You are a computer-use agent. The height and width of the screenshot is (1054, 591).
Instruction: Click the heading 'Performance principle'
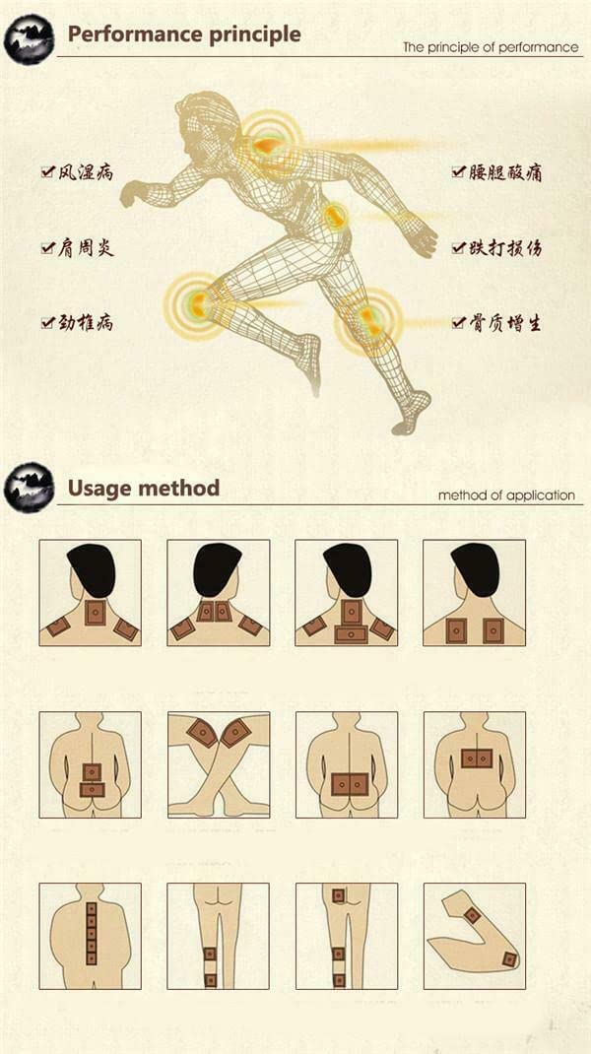pos(184,34)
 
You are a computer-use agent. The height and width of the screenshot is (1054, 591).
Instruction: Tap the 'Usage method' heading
pos(144,488)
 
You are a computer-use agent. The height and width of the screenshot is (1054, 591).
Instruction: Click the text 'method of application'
pos(506,496)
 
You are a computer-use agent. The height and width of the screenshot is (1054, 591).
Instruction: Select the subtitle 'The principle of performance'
pos(491,47)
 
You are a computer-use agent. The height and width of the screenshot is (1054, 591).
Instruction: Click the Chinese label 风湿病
pos(86,172)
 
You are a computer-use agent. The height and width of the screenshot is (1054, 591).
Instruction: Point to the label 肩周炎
pos(86,248)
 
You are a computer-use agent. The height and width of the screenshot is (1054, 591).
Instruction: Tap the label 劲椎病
pos(86,323)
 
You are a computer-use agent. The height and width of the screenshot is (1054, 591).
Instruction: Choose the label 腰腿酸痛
pos(505,172)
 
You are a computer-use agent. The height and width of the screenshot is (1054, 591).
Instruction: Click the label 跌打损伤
pos(505,248)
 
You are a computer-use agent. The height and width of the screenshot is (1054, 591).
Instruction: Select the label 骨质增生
pos(505,323)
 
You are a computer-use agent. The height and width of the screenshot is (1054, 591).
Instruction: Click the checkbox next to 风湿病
pos(47,172)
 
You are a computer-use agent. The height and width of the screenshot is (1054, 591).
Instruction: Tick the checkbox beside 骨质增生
pos(459,323)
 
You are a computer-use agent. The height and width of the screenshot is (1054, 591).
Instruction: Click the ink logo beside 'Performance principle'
pos(29,38)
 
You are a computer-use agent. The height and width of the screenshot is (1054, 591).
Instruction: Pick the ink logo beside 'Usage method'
pos(29,488)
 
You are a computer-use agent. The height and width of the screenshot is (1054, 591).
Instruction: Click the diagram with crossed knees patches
pos(219,765)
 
